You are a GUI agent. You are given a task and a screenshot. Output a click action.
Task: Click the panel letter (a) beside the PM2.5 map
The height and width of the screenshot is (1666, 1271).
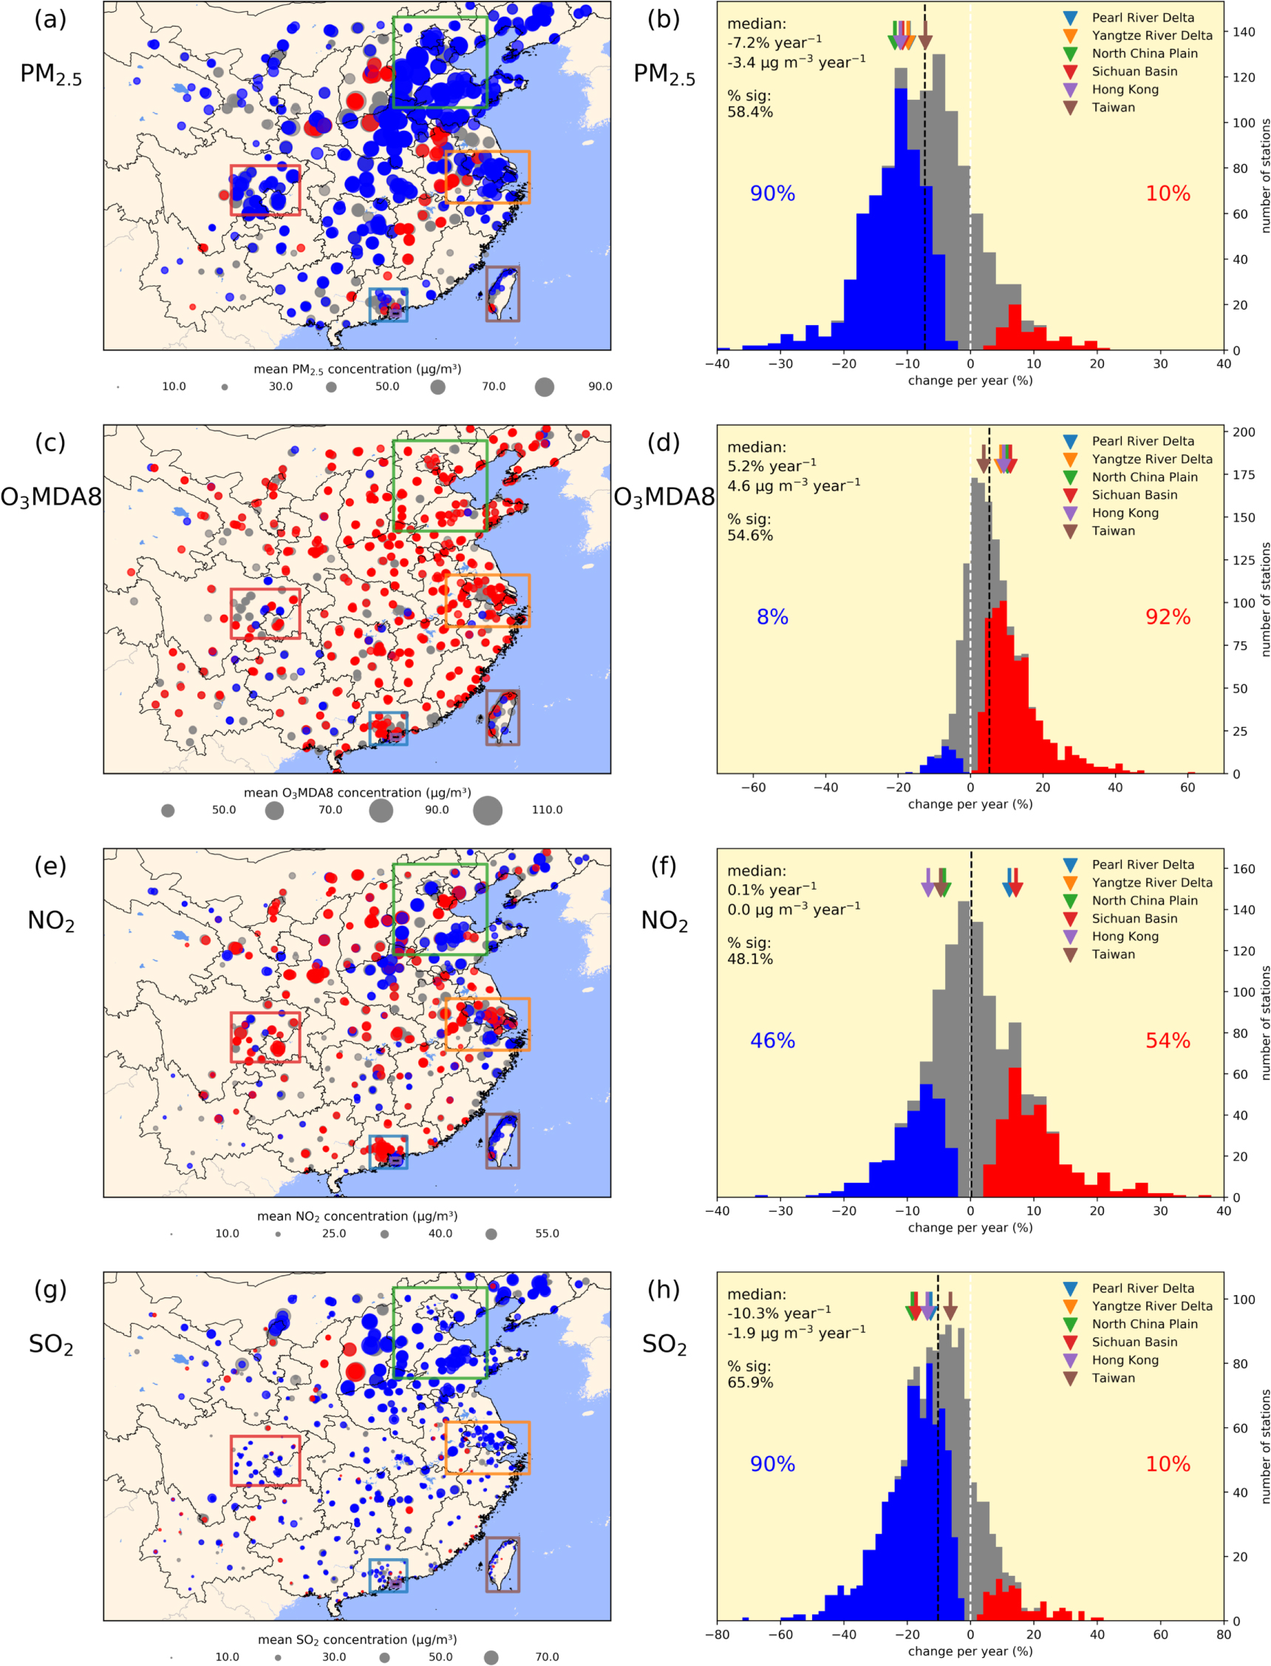click(x=50, y=20)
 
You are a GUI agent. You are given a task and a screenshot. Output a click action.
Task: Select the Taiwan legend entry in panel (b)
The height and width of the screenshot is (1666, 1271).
click(x=1112, y=107)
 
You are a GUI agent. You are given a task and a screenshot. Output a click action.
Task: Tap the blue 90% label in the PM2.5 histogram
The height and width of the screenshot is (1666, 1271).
click(x=771, y=194)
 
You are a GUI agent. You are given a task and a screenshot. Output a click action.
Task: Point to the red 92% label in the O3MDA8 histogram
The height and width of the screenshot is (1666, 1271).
click(x=1168, y=617)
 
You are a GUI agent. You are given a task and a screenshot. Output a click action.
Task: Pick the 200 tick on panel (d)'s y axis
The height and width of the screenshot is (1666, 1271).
click(x=1244, y=431)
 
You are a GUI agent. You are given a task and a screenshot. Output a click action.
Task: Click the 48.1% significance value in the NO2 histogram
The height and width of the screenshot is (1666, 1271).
click(x=750, y=960)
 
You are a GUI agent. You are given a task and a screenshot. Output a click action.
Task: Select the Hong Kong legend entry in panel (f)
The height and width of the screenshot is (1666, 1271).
click(x=1124, y=936)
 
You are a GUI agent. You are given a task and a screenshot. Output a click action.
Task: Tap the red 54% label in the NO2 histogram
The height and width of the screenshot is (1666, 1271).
click(x=1168, y=1040)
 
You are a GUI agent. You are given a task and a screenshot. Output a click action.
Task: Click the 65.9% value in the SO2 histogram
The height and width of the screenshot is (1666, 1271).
click(x=750, y=1383)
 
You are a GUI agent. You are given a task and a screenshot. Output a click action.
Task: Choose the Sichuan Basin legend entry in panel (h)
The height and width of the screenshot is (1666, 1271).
click(x=1134, y=1342)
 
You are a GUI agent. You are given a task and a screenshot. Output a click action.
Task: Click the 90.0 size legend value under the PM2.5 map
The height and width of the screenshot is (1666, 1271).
click(x=600, y=386)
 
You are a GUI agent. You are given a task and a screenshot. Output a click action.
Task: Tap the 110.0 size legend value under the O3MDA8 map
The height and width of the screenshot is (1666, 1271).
click(x=546, y=810)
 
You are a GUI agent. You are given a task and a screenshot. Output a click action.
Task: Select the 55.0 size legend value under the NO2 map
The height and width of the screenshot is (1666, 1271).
click(x=546, y=1233)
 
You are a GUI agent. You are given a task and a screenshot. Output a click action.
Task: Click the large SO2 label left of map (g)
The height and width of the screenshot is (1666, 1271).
click(x=51, y=1344)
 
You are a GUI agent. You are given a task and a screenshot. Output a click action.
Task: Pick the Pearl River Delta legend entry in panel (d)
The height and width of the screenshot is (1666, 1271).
click(x=1142, y=441)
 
